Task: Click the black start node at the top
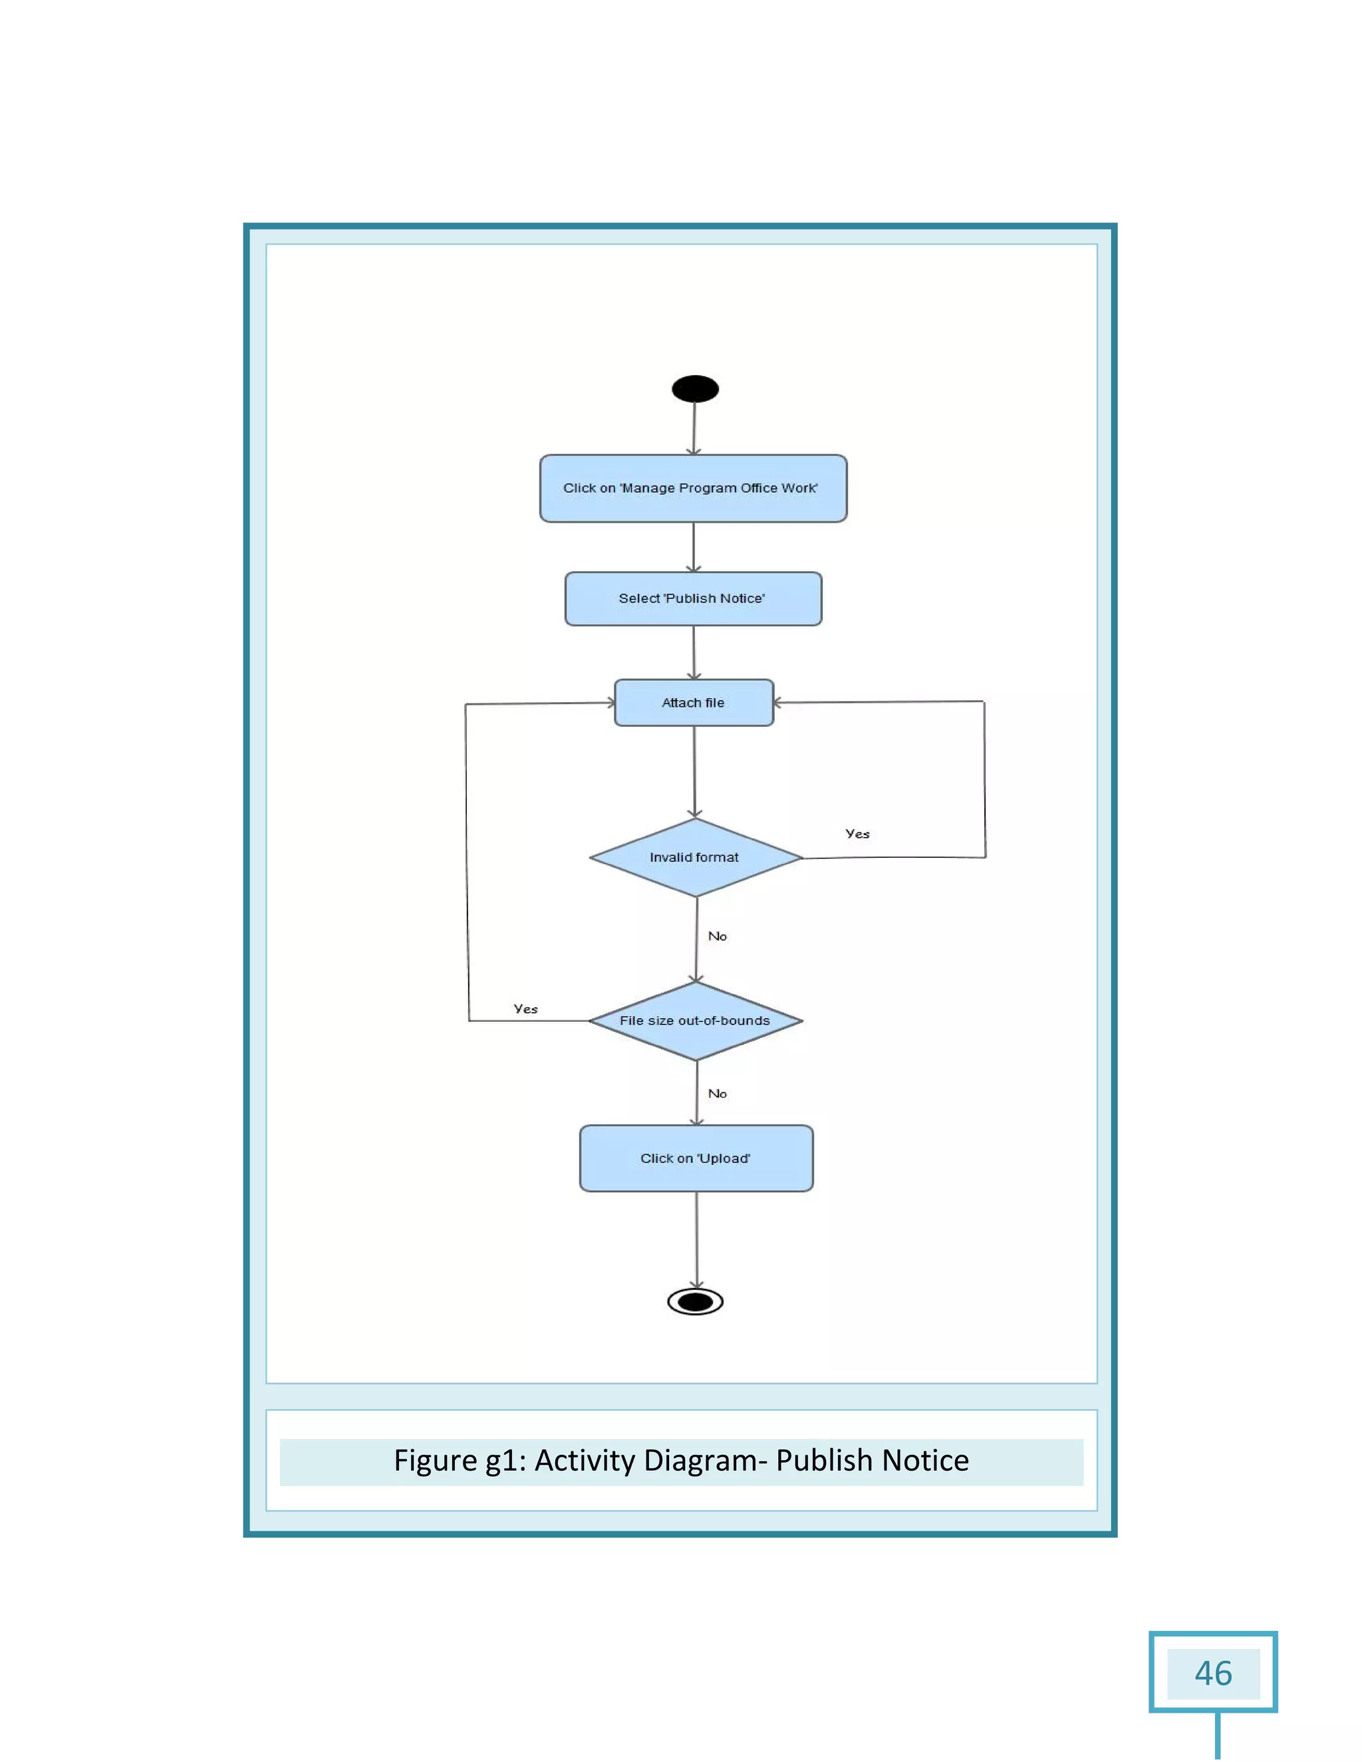pos(695,389)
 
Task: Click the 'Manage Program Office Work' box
pos(693,488)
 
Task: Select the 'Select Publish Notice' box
pos(693,598)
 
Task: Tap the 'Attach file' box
pos(693,703)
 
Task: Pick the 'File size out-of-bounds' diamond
pos(695,1021)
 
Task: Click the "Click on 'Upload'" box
pos(696,1158)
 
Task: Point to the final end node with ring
pos(696,1301)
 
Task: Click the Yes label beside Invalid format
pos(857,834)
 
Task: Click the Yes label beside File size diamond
pos(525,1009)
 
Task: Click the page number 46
pos(1213,1674)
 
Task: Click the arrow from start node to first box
pos(694,428)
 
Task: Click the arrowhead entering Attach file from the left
pos(610,703)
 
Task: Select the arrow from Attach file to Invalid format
pos(694,771)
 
